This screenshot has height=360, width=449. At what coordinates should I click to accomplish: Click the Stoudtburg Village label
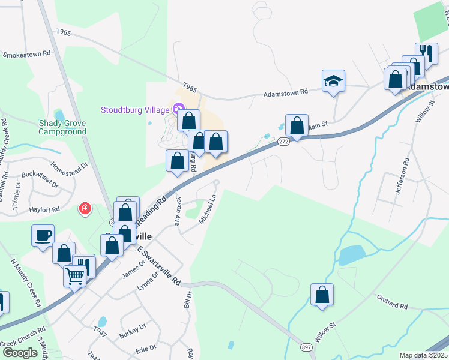coord(135,110)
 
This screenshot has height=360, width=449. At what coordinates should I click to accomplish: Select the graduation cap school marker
coord(333,81)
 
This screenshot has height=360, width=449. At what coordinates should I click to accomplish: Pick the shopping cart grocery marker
coord(75,277)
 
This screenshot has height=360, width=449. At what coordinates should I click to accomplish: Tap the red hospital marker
coord(85,209)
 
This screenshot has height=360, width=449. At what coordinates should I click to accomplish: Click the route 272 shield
coord(284,142)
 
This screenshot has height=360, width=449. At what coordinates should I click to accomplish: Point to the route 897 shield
coord(306,347)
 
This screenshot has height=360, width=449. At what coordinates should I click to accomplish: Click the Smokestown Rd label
coord(26,55)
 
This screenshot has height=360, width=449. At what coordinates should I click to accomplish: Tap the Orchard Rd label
coord(393,301)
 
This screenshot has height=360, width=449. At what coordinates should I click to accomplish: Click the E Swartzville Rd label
coord(158,265)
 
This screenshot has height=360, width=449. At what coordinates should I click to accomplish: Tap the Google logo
coord(20,353)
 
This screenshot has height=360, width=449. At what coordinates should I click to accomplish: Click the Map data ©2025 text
coord(424,355)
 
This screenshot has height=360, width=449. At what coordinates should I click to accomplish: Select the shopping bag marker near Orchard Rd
coord(322,295)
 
